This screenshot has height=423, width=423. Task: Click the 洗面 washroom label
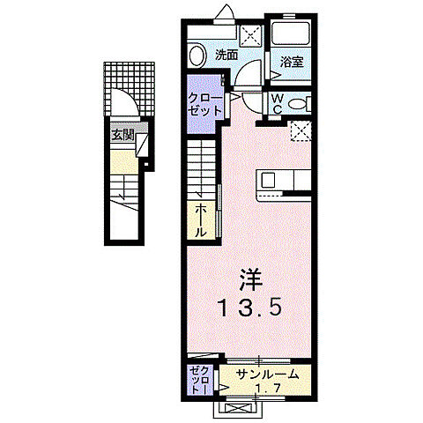226,55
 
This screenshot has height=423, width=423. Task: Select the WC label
276,103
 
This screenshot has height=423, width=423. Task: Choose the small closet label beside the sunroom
198,379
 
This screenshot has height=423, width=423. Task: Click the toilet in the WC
301,104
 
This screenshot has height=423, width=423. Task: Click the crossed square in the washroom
251,36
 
